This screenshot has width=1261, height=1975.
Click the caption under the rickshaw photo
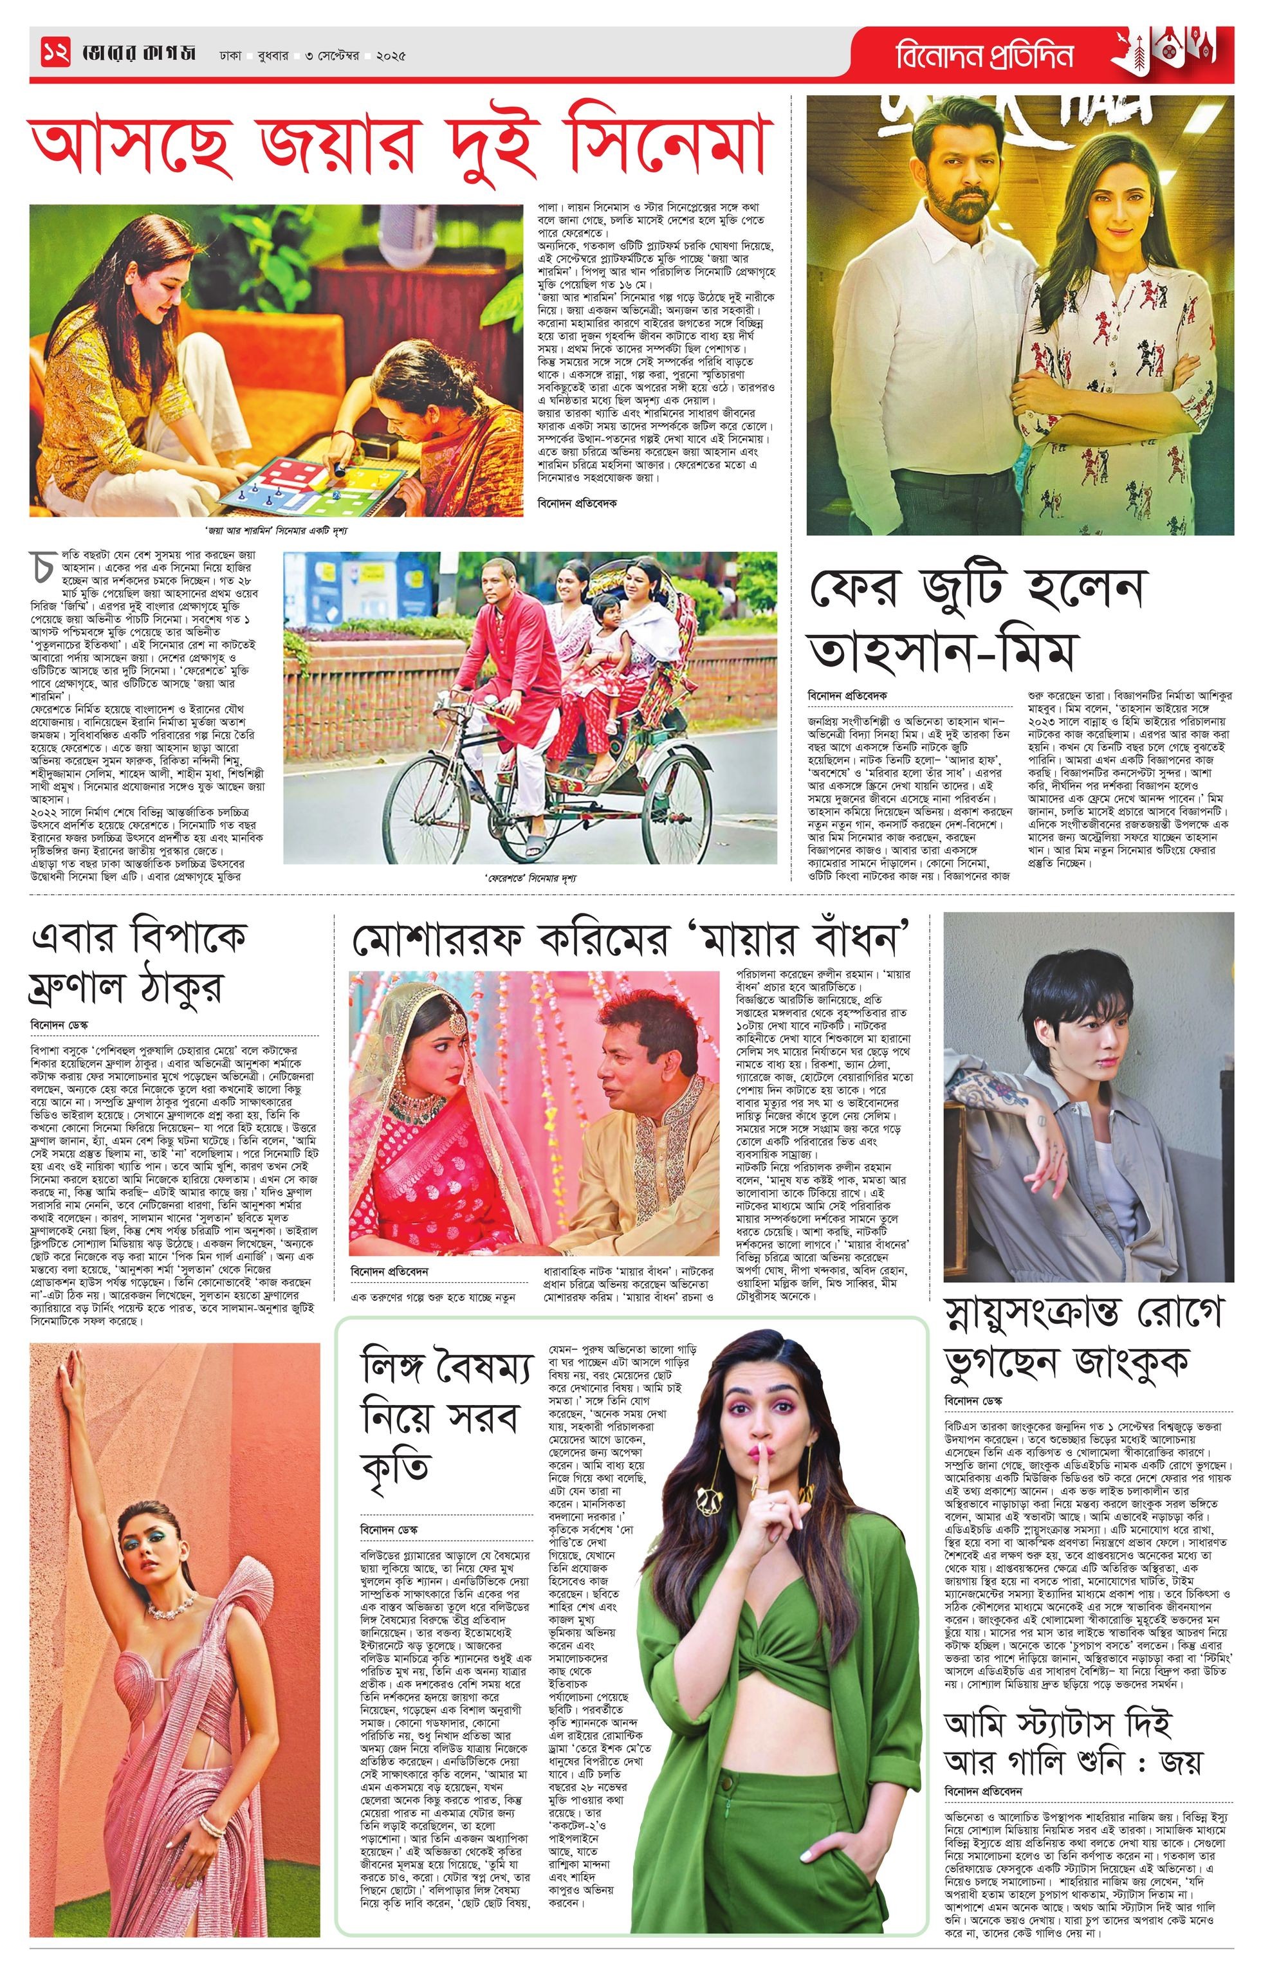pos(530,877)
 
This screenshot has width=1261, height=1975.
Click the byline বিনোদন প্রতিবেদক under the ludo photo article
pos(578,502)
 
